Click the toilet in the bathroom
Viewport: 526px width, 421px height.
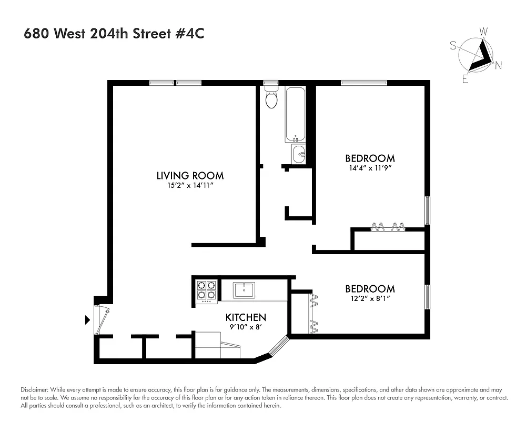coord(271,98)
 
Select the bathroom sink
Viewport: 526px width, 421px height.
coord(299,154)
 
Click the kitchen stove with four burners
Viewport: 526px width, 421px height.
coord(206,291)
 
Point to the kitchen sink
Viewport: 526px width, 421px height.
coord(244,290)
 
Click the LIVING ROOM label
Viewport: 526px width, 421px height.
coord(190,176)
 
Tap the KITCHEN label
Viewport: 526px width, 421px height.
coord(246,317)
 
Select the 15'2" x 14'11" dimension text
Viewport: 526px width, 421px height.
coord(190,186)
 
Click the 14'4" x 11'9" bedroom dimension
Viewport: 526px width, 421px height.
coord(370,168)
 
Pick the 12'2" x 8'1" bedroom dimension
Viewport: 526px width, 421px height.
coord(370,299)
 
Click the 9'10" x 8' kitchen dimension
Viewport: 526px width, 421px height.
coord(246,327)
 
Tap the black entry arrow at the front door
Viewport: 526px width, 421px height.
coord(87,319)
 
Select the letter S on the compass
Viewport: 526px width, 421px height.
coord(453,46)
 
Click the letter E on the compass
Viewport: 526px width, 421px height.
coord(465,79)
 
